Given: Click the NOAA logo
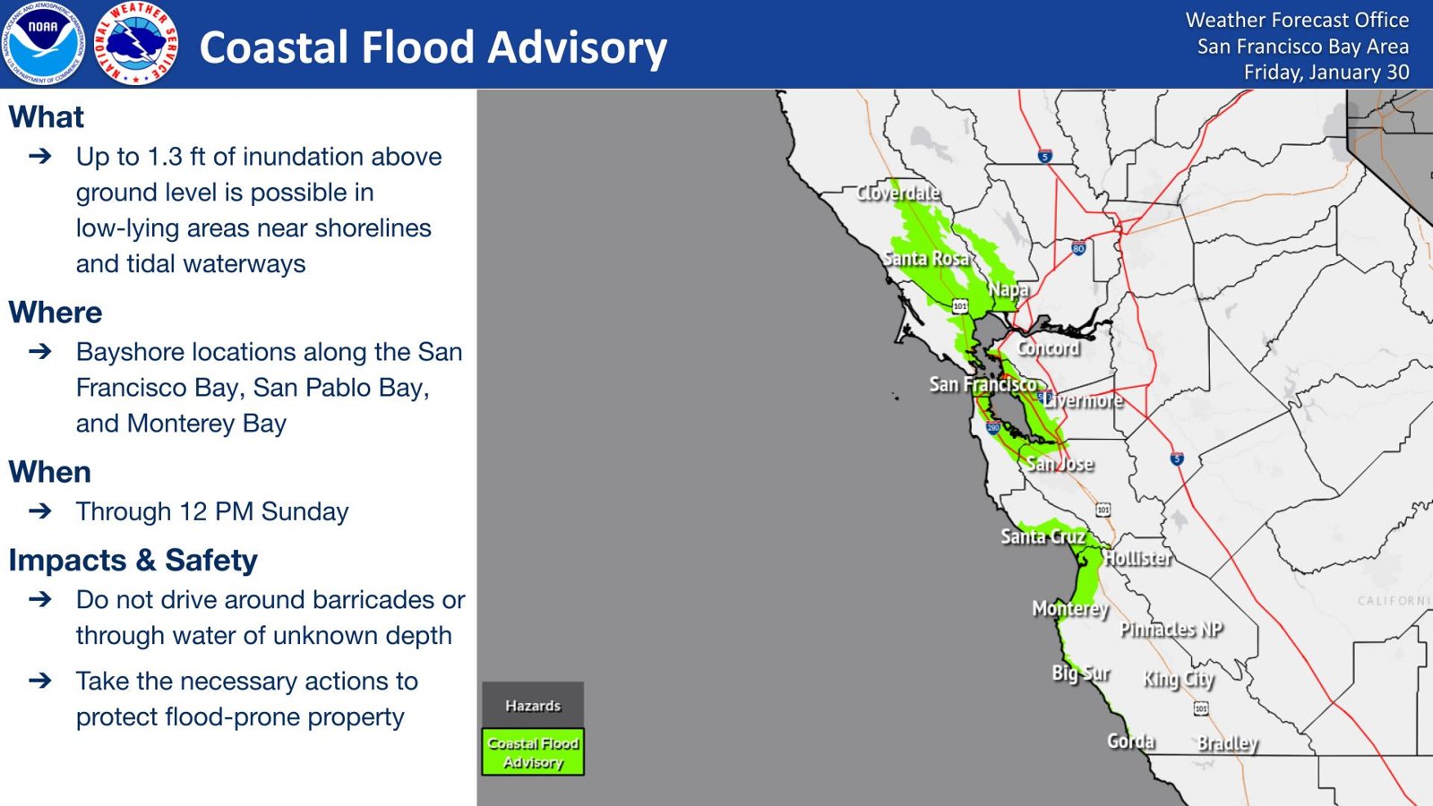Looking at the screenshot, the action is [44, 44].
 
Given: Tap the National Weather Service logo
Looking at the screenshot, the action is [135, 44].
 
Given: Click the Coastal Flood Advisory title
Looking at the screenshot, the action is [433, 48].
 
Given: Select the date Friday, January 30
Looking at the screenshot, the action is [1326, 73].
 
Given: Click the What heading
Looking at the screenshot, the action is [46, 117].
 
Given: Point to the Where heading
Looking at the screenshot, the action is [55, 313].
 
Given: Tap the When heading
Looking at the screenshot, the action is [50, 473].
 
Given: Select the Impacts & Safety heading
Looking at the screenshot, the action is [133, 561].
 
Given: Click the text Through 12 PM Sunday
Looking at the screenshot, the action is [212, 511].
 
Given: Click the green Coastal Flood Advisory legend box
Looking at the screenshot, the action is [533, 752].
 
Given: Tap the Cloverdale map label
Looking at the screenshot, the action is [898, 193].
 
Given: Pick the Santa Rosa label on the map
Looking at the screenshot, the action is [926, 259].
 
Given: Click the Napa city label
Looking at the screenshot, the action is [1008, 290].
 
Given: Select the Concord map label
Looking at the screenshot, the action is [1049, 348].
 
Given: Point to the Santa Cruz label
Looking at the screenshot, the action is [1043, 536].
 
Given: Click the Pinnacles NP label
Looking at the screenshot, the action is [1171, 630].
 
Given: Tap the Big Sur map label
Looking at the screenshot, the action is [1081, 673].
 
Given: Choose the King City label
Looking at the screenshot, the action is [1179, 680].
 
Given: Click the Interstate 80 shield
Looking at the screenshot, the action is [1078, 247].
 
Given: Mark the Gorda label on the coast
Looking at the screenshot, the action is [1131, 742].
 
